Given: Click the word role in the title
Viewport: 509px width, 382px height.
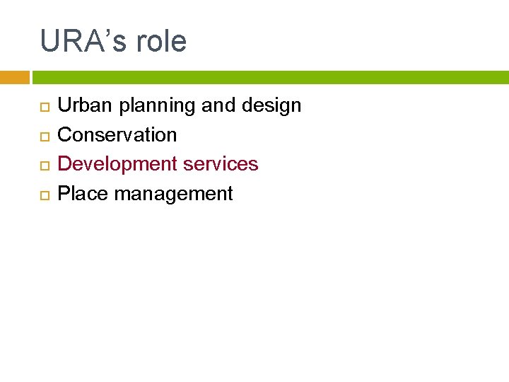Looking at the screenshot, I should coord(161,41).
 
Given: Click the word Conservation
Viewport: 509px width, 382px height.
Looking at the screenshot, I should coord(117,134).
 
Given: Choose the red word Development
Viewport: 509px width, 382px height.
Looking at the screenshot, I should coord(117,164).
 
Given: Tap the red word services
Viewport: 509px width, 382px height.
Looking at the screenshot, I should coord(221,163).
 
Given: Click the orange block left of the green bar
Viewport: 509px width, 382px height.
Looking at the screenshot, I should coord(14,77).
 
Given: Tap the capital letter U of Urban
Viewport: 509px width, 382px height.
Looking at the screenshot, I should coord(64,105).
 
